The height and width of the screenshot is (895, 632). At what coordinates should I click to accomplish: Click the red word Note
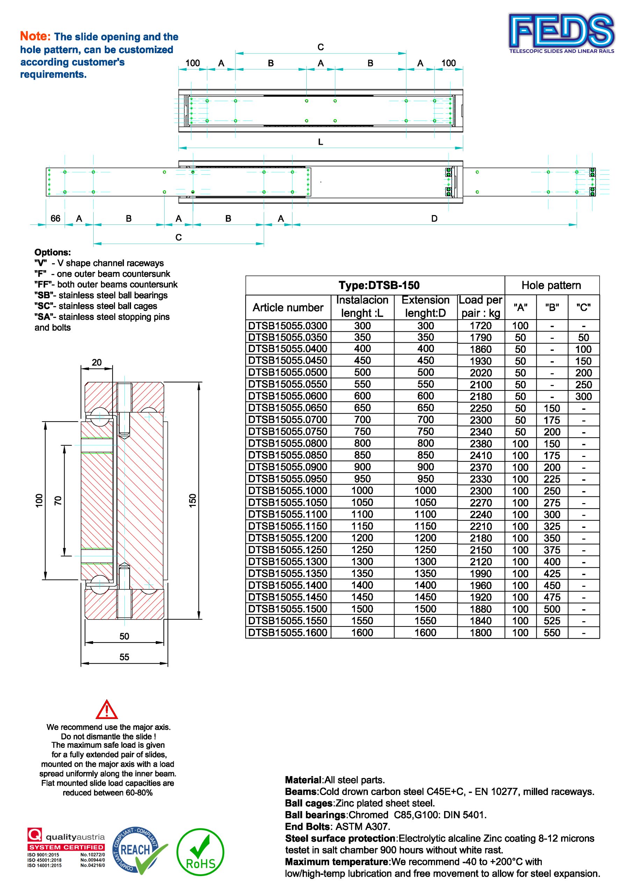35,36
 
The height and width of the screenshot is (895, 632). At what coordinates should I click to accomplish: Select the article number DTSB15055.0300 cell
288,325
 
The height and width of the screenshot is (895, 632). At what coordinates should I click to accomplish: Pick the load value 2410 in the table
480,455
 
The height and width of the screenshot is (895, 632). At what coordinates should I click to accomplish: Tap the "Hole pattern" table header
551,285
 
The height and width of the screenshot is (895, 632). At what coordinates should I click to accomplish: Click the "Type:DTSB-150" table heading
379,285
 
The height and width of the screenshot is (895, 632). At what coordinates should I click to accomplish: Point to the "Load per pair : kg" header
480,307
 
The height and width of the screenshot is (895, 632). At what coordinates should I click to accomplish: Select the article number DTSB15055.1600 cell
288,633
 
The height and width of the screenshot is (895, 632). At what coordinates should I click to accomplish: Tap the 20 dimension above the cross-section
97,363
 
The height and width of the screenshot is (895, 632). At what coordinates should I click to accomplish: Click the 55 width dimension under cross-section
124,657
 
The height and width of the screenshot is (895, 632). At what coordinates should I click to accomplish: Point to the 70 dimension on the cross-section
58,501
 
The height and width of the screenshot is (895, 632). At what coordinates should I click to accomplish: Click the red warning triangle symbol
107,710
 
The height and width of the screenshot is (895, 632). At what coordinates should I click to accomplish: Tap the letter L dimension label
320,142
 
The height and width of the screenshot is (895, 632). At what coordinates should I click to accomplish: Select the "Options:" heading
53,252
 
